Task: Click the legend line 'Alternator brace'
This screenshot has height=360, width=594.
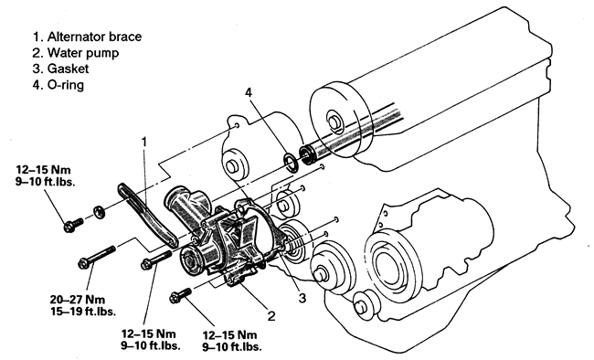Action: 87,37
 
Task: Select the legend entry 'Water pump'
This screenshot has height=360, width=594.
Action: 76,53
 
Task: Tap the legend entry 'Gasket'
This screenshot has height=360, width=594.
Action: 60,69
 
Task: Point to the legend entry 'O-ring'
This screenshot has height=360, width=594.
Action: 58,84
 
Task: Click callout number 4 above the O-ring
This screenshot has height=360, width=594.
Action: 249,93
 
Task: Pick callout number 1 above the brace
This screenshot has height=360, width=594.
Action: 144,143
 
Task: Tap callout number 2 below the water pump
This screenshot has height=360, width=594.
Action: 271,315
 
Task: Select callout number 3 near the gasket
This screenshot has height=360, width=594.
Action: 302,298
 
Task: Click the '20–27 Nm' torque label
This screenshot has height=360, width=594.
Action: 78,300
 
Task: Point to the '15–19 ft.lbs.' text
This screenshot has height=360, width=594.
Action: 83,312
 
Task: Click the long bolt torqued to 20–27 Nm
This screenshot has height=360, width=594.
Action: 96,257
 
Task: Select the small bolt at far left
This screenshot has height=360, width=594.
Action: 73,224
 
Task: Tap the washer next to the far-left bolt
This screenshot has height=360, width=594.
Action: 99,211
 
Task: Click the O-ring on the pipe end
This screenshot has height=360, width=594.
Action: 292,163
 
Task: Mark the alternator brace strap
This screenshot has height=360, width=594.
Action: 148,215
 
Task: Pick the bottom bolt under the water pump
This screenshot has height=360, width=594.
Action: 181,295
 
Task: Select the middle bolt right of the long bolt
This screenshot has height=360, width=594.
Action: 156,259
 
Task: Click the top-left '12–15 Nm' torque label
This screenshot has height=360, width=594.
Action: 43,169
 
